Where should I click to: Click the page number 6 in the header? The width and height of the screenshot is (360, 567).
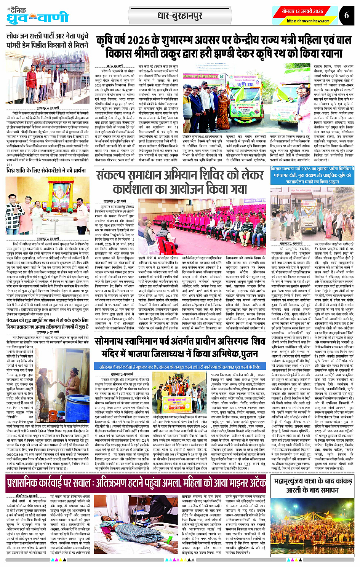pos(346,15)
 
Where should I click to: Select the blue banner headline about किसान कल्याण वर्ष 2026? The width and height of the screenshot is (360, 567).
pos(310,175)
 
